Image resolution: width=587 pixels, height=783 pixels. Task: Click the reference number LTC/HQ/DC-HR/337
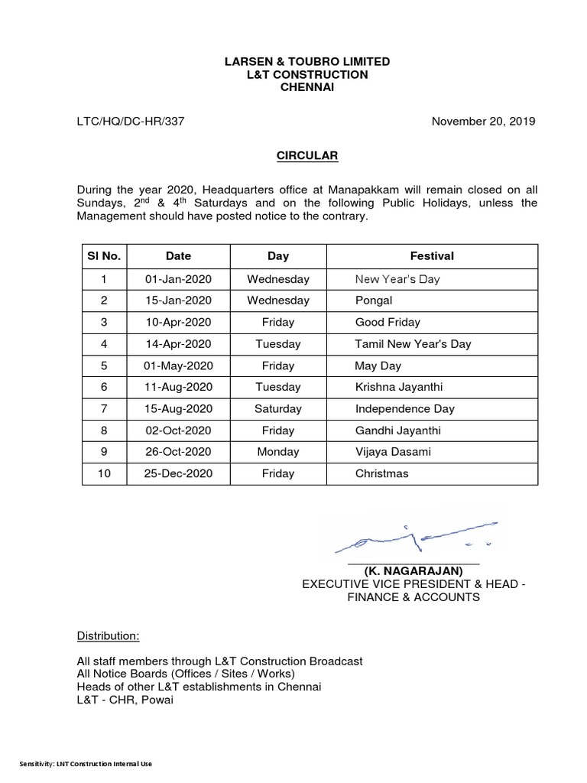[x=131, y=121]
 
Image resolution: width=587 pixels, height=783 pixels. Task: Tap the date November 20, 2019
[x=484, y=121]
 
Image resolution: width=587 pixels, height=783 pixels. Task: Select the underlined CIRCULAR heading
[x=306, y=156]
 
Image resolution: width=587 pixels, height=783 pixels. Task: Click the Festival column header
[x=432, y=256]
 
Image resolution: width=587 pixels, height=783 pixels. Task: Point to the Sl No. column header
[x=104, y=256]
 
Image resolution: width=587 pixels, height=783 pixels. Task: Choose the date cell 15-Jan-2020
[x=178, y=301]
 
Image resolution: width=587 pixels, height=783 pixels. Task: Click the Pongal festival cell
[x=374, y=301]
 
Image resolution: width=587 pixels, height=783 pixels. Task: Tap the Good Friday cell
[x=388, y=322]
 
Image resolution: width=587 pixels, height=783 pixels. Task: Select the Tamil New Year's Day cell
[x=413, y=343]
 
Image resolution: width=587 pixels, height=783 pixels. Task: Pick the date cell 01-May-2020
[x=178, y=366]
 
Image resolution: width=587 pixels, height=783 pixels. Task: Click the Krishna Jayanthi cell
[x=398, y=387]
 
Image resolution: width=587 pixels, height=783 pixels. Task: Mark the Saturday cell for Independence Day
[x=278, y=408]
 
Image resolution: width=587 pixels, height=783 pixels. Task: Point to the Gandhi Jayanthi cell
[x=397, y=430]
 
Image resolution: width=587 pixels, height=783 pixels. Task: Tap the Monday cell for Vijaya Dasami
[x=278, y=452]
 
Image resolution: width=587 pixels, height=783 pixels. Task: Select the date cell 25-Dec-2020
[x=178, y=473]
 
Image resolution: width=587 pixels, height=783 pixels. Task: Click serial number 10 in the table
[x=104, y=473]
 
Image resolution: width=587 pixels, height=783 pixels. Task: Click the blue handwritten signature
[x=417, y=536]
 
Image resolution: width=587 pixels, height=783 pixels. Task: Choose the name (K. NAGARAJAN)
[x=413, y=571]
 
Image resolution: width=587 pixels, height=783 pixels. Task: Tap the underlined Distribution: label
[x=108, y=635]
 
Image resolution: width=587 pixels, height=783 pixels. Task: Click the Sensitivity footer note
[x=86, y=764]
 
